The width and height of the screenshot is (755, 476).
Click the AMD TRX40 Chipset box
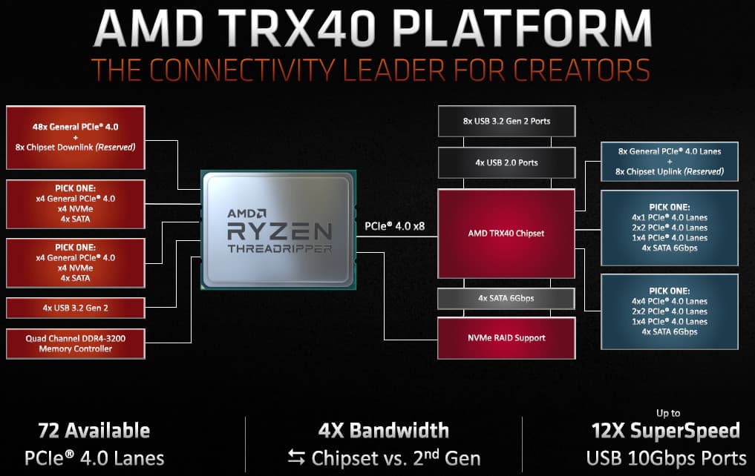[506, 234]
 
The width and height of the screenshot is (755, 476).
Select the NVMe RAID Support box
[506, 338]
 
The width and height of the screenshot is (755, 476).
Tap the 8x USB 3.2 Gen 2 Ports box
[506, 121]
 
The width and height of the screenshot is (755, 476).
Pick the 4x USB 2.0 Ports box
[506, 162]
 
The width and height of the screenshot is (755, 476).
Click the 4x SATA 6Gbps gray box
[506, 299]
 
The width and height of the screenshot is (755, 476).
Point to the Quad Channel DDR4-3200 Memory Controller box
[76, 344]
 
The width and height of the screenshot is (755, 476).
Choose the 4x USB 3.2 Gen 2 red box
[76, 308]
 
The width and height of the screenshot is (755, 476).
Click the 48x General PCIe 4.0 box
[76, 137]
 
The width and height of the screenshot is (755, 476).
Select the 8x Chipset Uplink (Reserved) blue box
[670, 162]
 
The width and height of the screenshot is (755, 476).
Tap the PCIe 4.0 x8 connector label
[395, 226]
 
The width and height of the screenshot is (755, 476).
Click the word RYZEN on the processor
[280, 232]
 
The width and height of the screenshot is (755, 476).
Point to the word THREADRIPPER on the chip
[280, 248]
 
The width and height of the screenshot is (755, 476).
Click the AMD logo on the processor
[246, 213]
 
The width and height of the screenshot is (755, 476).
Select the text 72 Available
[94, 431]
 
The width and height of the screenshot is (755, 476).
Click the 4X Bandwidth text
[383, 431]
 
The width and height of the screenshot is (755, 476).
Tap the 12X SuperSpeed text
[665, 431]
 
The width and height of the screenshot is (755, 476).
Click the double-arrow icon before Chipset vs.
[296, 457]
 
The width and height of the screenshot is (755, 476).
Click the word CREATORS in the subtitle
[581, 70]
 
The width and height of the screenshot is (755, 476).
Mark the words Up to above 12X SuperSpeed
[668, 413]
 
